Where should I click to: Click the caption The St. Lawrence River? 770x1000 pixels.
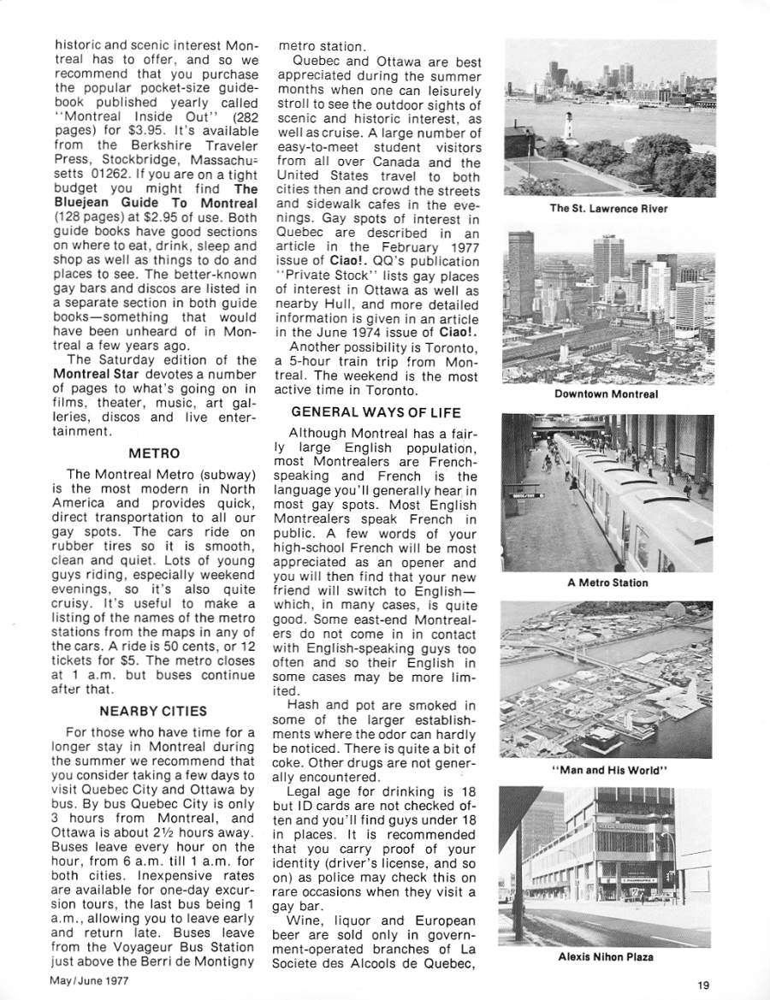(x=609, y=208)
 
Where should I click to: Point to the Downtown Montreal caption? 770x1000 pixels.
(x=606, y=394)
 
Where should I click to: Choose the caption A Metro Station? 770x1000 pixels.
(x=607, y=583)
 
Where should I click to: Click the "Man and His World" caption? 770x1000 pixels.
(x=609, y=770)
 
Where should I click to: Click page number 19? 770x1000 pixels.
(x=702, y=985)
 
